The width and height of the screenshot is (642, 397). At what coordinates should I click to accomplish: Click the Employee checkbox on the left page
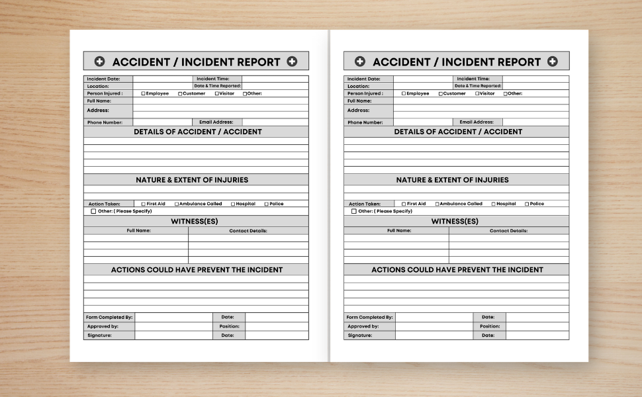coord(144,94)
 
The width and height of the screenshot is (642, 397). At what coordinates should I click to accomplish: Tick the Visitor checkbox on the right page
coord(477,94)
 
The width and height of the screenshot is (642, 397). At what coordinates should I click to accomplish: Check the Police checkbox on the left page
coord(267,204)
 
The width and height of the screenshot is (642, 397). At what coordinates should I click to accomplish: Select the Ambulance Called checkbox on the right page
coord(437,204)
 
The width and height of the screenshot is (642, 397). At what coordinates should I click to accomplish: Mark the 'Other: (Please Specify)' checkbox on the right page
coord(354,211)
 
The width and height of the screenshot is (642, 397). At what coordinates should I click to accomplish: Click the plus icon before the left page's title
coord(99,62)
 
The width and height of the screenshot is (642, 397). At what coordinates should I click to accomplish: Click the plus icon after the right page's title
coord(552,62)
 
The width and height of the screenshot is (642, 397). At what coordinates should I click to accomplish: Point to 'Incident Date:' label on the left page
coord(103,79)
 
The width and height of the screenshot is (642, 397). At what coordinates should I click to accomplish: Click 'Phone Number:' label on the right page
coord(365,122)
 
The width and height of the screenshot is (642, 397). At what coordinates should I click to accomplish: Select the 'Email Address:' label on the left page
coord(216,122)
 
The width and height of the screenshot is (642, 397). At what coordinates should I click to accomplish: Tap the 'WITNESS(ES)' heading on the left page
coord(195,221)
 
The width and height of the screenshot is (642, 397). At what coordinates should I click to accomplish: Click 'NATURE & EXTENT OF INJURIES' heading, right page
coord(453,180)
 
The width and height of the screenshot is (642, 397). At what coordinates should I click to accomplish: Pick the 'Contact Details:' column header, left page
coord(248,231)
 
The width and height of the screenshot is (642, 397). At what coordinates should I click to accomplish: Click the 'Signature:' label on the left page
coord(99,335)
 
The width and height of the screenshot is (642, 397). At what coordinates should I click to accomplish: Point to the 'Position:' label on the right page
coord(490,326)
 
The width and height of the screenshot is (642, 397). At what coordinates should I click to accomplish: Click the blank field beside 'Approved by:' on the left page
coord(173,326)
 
